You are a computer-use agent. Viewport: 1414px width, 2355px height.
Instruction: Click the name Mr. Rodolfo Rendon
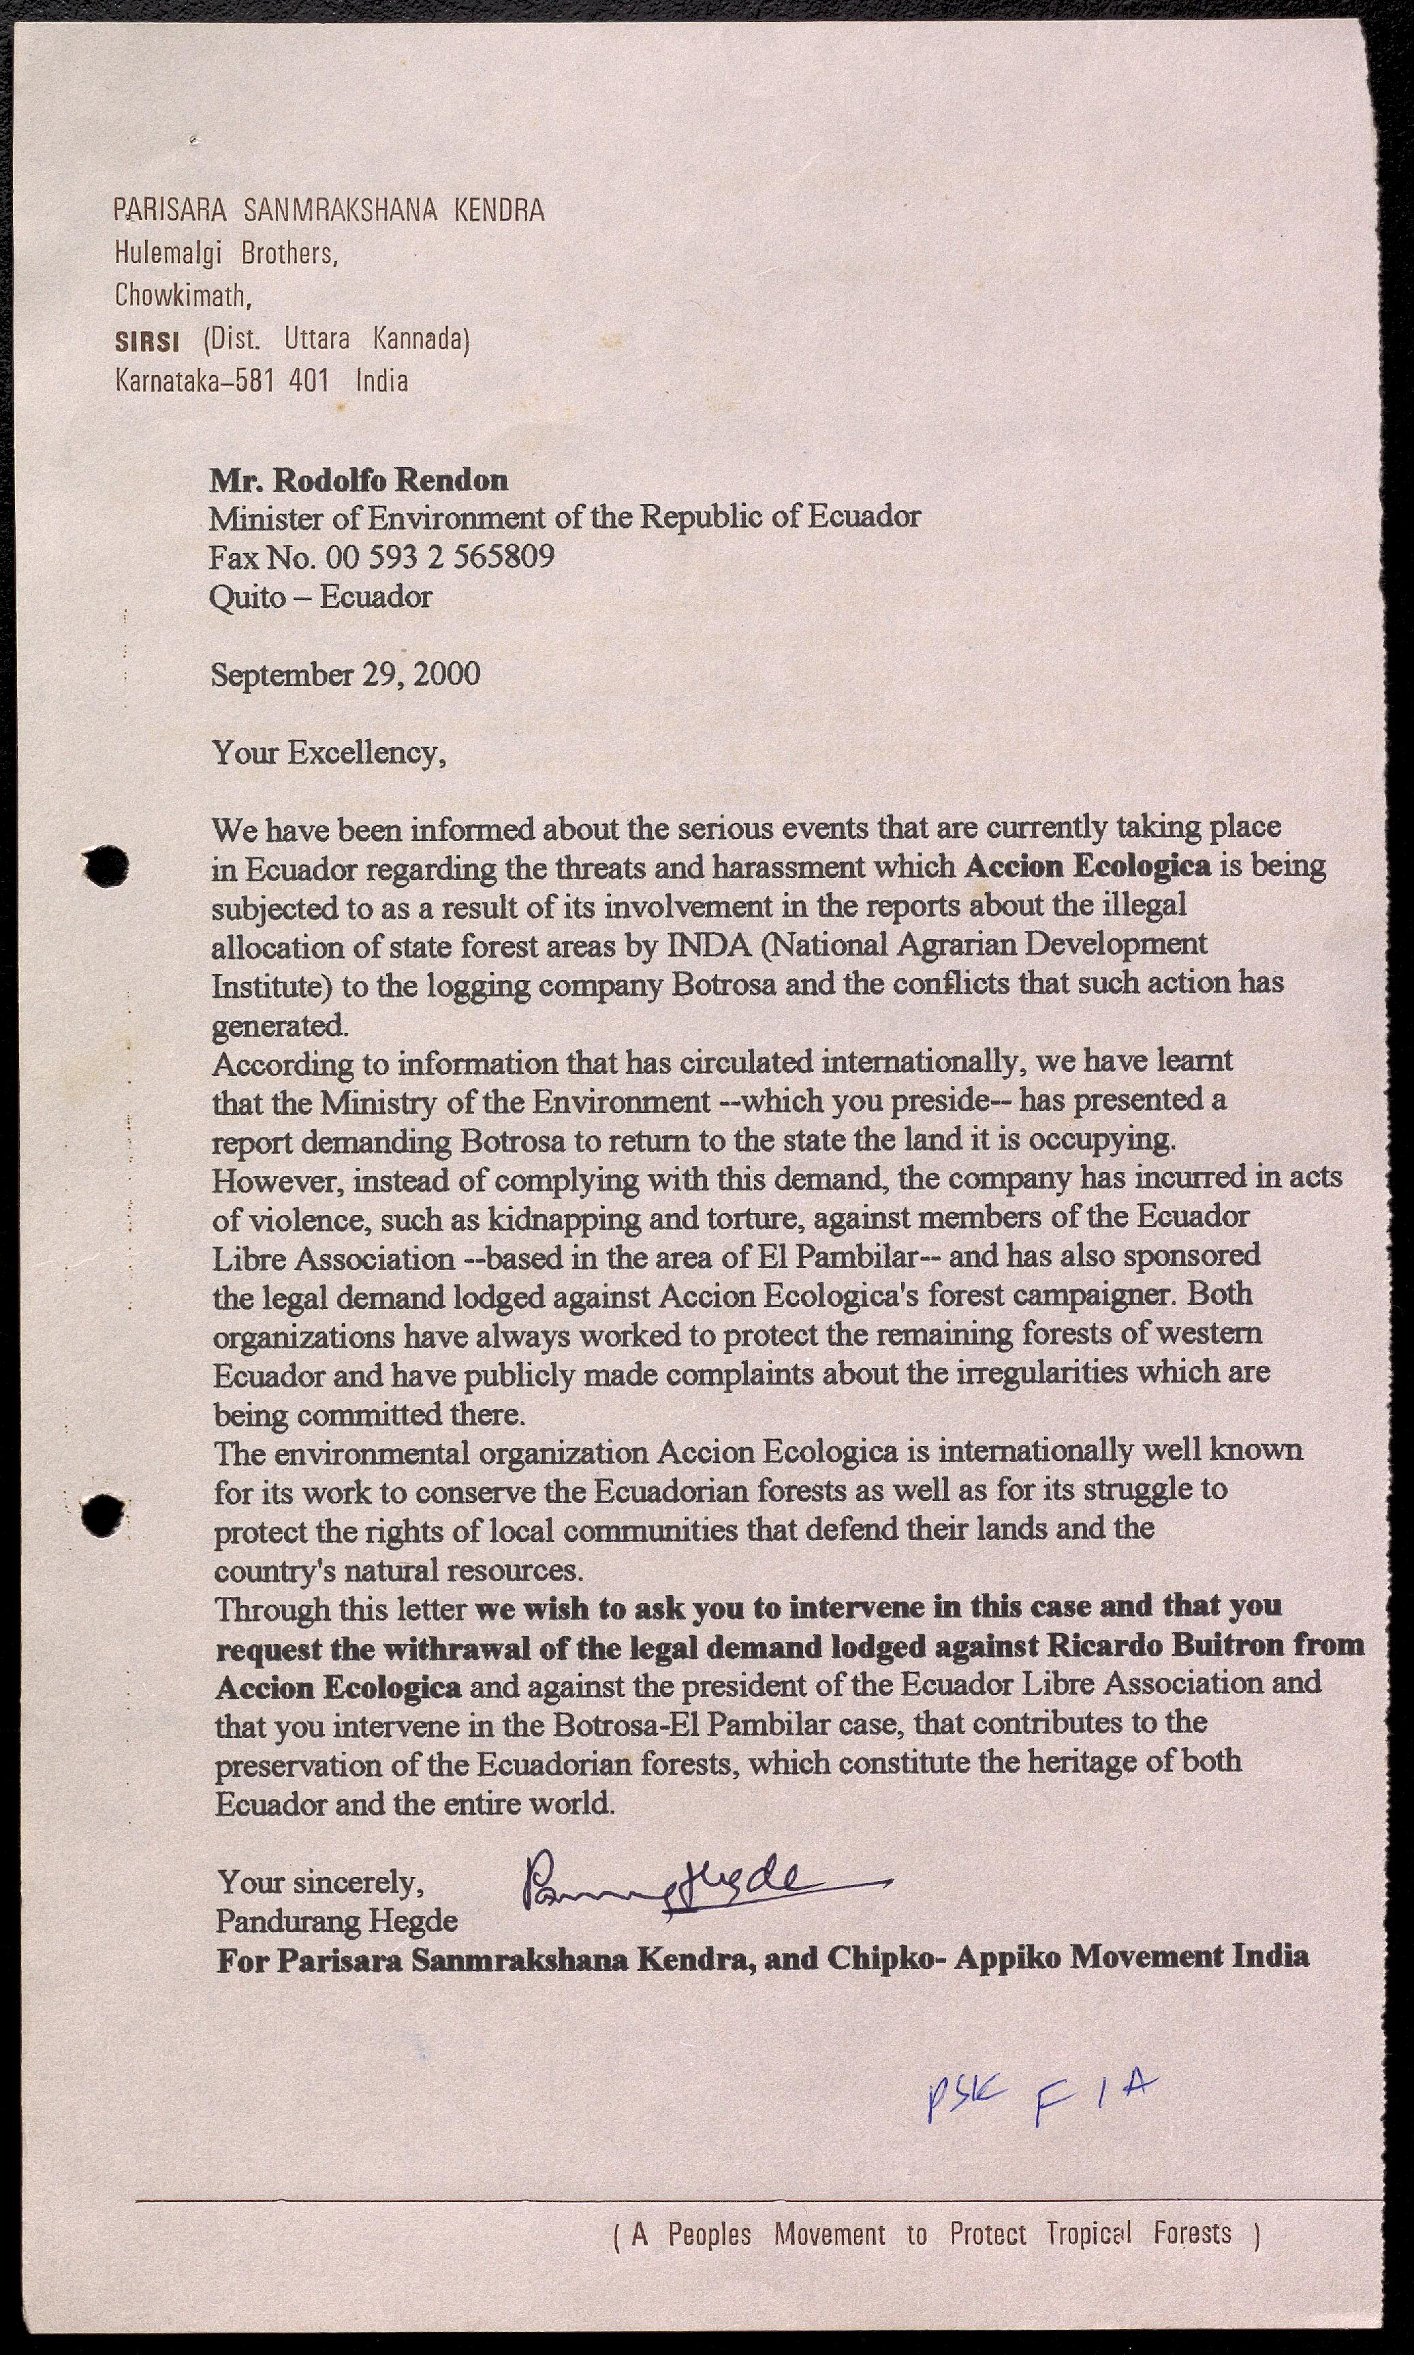(x=358, y=479)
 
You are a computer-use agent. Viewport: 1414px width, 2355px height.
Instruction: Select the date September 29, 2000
(x=345, y=674)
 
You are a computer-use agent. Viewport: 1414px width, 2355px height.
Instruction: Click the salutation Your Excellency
(x=328, y=753)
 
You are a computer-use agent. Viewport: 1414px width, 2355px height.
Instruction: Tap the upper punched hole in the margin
(x=106, y=865)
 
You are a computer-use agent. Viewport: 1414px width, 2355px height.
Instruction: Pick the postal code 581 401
(x=282, y=381)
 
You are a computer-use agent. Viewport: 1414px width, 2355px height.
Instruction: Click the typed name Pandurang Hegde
(x=336, y=1920)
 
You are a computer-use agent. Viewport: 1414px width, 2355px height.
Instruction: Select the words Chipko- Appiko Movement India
(x=1068, y=1957)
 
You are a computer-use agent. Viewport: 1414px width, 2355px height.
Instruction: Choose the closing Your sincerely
(x=320, y=1882)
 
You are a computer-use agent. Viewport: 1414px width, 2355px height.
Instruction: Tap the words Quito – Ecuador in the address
(x=320, y=597)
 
